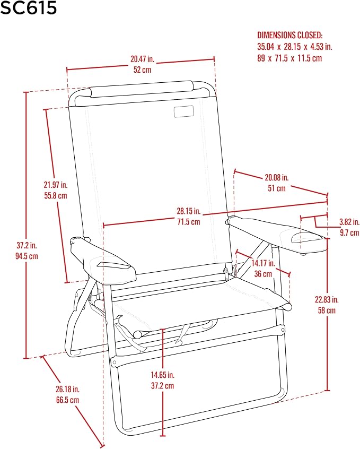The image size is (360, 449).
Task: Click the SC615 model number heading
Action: (x=28, y=7)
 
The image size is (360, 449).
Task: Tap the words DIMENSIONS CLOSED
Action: (x=290, y=35)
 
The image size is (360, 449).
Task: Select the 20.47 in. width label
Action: (x=142, y=59)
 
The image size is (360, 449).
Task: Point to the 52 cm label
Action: (x=142, y=70)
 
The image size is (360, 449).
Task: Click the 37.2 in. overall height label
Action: (x=27, y=245)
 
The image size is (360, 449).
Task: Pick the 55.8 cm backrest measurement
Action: (x=56, y=196)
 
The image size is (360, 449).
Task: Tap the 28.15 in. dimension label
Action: (x=189, y=211)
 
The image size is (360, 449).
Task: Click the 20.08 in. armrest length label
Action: (x=276, y=177)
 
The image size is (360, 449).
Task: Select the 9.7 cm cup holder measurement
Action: (x=349, y=232)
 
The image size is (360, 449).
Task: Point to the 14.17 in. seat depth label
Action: (x=263, y=263)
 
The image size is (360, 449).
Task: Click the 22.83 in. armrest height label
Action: (x=327, y=299)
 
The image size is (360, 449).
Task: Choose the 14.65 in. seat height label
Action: (x=163, y=375)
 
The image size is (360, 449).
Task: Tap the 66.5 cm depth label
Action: (x=67, y=400)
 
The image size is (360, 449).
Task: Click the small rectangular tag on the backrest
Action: (x=184, y=111)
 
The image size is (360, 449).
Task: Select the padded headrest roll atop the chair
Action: (x=142, y=89)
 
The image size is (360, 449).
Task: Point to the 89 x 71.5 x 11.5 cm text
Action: (x=289, y=58)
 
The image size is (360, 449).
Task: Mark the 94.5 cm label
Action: (x=27, y=256)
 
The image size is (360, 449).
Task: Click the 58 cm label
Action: (x=327, y=310)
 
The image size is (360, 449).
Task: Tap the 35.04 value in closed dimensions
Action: (x=266, y=46)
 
